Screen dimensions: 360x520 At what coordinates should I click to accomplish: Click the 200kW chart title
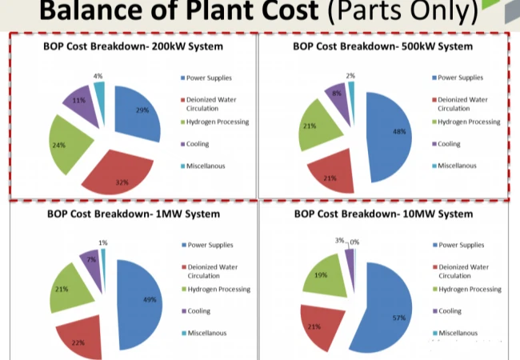pos(133,46)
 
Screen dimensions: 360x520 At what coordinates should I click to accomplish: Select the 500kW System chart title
pos(382,46)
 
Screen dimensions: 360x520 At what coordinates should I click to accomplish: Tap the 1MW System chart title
pos(133,214)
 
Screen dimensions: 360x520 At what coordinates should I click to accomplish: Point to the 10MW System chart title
pos(382,214)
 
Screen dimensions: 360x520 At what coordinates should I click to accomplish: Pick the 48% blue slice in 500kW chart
pos(390,132)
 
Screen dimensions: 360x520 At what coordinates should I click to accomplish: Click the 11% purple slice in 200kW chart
pos(80,102)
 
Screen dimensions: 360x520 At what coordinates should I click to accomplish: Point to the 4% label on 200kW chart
pos(98,75)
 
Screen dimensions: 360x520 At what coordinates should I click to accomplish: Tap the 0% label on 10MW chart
pos(354,241)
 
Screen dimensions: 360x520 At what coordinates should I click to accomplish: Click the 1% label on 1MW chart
pos(103,242)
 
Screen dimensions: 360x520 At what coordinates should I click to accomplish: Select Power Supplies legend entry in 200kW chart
pos(207,78)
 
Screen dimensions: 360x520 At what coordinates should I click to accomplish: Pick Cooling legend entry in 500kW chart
pos(450,144)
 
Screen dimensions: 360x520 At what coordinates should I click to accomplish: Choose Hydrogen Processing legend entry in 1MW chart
pos(218,289)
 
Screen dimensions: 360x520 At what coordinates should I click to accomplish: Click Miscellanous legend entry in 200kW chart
pos(207,166)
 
